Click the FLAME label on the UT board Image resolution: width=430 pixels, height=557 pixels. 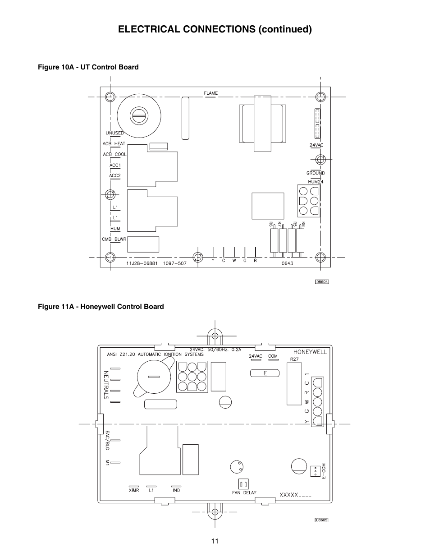point(210,93)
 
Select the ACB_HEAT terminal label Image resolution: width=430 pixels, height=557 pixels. point(114,144)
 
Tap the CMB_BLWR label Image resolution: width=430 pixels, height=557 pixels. point(114,239)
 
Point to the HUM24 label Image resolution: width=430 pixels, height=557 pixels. point(316,181)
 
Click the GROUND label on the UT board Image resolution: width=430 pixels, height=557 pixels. point(316,173)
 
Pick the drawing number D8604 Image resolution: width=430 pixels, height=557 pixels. point(322,282)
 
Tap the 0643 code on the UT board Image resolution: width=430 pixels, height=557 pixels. point(287,263)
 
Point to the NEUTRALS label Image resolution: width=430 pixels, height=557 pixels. point(106,385)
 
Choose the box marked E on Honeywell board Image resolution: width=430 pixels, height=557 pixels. point(265,373)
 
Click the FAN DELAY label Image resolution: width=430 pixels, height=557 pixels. point(244,493)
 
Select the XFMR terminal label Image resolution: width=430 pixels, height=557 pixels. point(134,490)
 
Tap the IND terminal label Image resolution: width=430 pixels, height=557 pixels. point(176,490)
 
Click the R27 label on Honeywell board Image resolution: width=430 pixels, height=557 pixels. point(294,359)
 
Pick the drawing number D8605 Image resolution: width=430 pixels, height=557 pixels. point(321,520)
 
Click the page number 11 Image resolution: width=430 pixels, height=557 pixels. point(215,541)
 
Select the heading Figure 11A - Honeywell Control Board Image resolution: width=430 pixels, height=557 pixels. point(100,307)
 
